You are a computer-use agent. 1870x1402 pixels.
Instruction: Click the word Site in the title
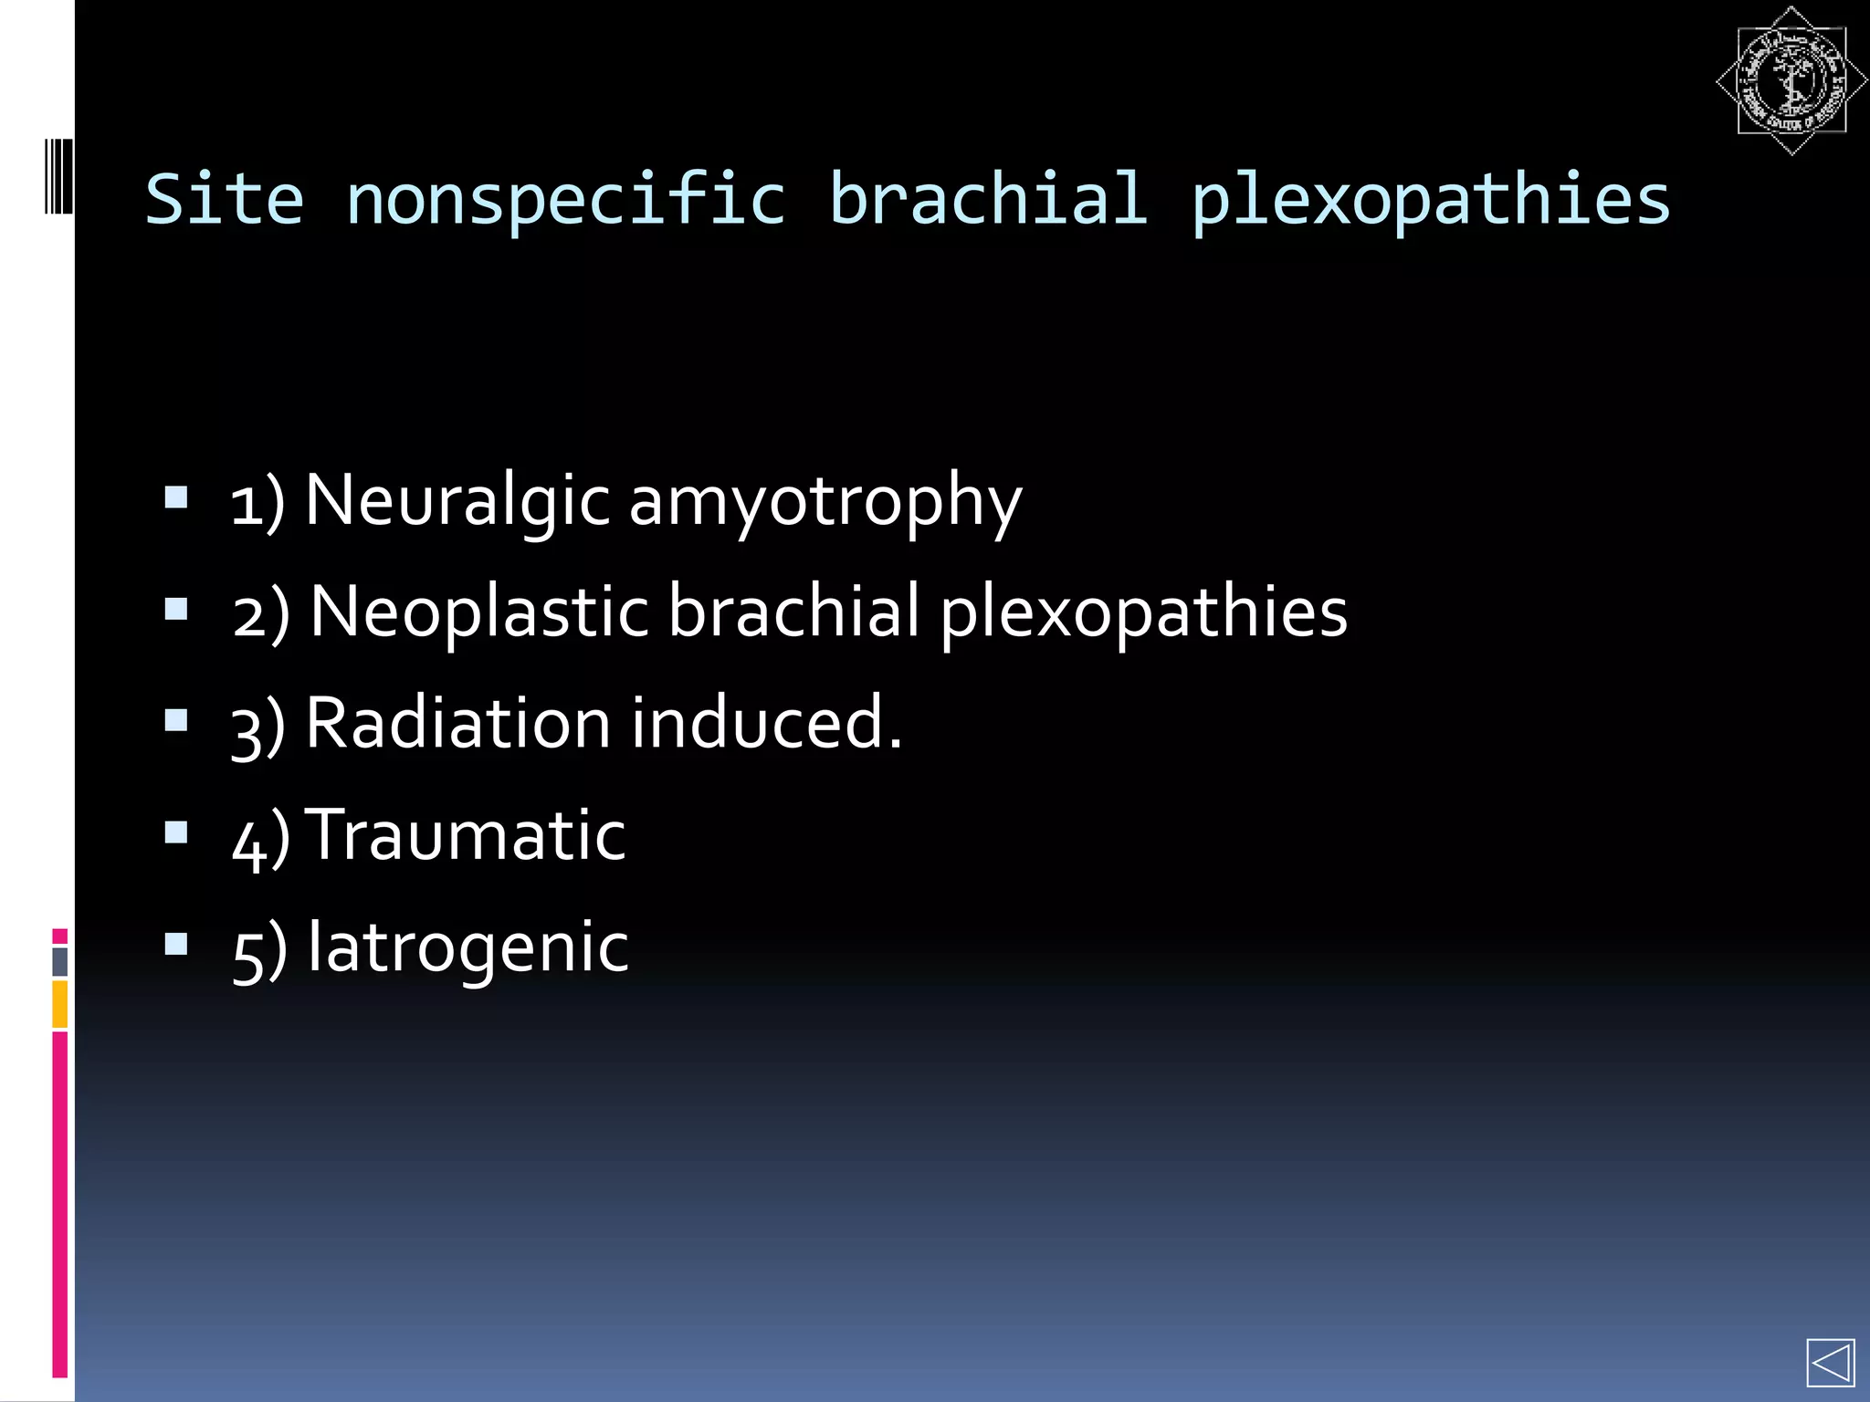coord(225,199)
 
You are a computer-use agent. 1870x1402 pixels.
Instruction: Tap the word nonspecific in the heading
coord(565,201)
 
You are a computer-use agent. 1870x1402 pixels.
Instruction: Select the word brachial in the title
coord(987,199)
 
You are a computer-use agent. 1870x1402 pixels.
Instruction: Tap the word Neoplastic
coord(479,612)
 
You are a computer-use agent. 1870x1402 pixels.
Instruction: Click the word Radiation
coord(457,723)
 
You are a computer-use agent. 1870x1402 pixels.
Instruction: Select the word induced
coord(766,723)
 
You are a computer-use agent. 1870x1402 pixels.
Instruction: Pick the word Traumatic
coord(466,834)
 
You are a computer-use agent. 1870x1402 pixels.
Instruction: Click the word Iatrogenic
coord(467,947)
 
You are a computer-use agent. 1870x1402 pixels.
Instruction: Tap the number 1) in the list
coord(258,503)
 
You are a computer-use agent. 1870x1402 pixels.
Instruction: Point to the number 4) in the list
coord(260,838)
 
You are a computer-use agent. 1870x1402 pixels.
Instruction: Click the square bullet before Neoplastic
coord(176,609)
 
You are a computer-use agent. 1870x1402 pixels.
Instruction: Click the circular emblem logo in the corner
coord(1791,81)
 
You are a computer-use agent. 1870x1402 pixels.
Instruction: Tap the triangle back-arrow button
coord(1830,1363)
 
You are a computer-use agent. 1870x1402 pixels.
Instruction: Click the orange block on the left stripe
coord(59,1003)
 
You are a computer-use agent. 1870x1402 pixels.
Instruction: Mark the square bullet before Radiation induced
coord(176,720)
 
